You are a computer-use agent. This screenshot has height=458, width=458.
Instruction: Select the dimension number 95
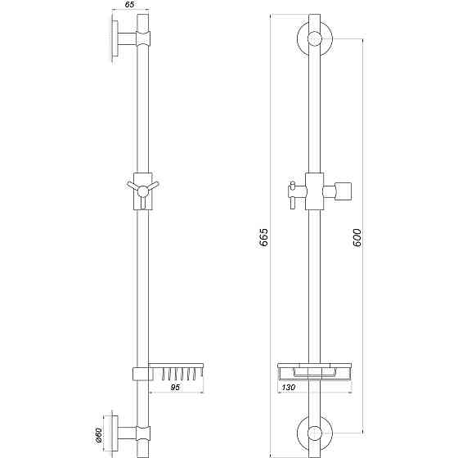coord(175,389)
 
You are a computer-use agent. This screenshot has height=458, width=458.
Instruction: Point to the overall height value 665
coord(263,237)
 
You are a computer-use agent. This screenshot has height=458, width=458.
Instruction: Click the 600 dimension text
coord(356,237)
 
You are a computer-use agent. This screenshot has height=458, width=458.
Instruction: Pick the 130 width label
coord(290,388)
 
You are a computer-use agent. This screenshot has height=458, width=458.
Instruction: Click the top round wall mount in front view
coord(312,38)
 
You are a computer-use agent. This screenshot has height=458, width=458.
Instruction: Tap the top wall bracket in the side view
coord(123,38)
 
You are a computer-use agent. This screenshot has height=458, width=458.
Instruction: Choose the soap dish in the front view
coord(312,369)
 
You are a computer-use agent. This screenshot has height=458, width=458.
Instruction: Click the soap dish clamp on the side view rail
coord(141,374)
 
